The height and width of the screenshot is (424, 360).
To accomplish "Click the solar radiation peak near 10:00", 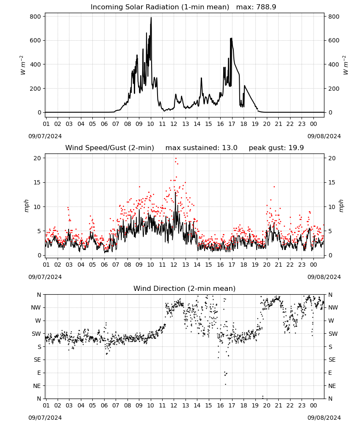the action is click(x=151, y=18).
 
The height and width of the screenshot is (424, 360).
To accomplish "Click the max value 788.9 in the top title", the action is click(x=266, y=7).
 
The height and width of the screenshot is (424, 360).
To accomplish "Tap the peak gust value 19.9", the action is click(x=296, y=148).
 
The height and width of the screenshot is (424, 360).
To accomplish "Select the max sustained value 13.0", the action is click(x=230, y=148).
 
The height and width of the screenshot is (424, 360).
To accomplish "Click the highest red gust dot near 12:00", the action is click(x=176, y=159).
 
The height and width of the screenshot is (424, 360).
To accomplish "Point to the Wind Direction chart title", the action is click(x=185, y=288).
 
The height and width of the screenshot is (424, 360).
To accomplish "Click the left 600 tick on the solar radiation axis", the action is click(x=36, y=41).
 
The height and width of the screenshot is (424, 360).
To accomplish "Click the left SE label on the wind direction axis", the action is click(x=38, y=360).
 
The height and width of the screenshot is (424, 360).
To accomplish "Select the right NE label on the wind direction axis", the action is click(x=332, y=386).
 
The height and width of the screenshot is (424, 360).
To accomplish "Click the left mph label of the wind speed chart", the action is click(x=26, y=206).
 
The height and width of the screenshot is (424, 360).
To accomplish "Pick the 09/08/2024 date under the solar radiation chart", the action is click(x=324, y=136).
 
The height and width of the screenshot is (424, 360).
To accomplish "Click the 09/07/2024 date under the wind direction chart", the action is click(x=45, y=418).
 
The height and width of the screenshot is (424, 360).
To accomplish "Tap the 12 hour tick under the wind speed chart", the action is click(x=174, y=265).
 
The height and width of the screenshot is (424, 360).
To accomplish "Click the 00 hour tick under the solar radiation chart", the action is click(x=313, y=124).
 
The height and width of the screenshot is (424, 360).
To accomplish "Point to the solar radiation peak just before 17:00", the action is click(x=231, y=39).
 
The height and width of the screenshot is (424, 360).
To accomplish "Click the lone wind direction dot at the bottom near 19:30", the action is click(x=263, y=396).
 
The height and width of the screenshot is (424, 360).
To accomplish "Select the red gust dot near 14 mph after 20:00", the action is click(x=274, y=187).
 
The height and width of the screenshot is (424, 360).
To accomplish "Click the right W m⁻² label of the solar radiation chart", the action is click(x=346, y=65).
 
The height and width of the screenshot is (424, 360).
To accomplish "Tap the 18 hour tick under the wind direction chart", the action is click(x=244, y=405).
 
